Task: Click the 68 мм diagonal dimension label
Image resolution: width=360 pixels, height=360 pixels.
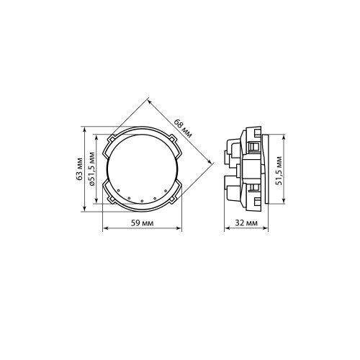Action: pos(183,129)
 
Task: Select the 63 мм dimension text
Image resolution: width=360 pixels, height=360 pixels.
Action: pos(79,168)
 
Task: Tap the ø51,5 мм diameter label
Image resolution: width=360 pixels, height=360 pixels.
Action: pos(91,169)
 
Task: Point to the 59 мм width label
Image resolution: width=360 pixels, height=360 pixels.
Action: pos(142,223)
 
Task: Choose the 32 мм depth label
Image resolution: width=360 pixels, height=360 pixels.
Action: pos(246,223)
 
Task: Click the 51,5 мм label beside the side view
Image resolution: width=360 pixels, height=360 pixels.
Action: pos(279,171)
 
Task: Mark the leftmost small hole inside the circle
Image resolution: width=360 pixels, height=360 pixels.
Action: pos(119,191)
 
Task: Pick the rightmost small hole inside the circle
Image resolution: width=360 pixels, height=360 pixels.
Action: pos(166,191)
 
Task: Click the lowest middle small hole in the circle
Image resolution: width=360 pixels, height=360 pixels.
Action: pos(142,201)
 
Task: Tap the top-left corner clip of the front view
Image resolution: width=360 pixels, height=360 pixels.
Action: pos(112,138)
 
